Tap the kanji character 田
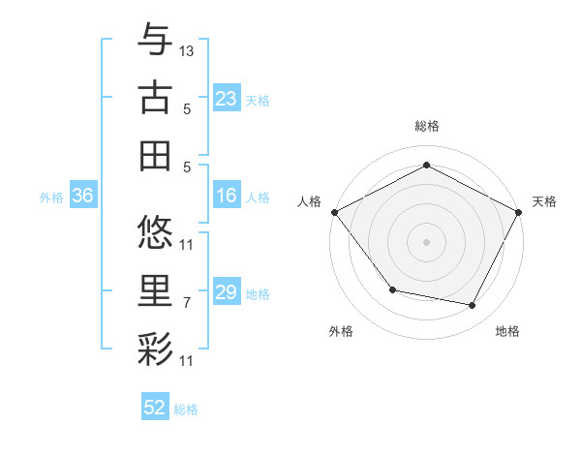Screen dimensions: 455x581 click(155, 155)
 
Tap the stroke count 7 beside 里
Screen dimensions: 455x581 click(187, 303)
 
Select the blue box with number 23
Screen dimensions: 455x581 click(227, 99)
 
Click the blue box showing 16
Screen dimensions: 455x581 click(227, 196)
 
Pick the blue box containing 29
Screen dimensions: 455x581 click(227, 292)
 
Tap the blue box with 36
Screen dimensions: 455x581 click(82, 196)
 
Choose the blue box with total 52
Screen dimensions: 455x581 click(155, 408)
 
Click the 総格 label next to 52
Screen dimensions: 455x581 click(186, 409)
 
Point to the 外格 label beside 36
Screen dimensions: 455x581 click(51, 197)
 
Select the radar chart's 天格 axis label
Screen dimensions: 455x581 click(544, 201)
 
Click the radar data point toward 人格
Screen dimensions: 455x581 click(334, 211)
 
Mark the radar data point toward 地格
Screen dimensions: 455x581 click(473, 306)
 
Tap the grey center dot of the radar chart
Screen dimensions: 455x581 click(426, 241)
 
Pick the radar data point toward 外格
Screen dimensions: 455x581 click(392, 289)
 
